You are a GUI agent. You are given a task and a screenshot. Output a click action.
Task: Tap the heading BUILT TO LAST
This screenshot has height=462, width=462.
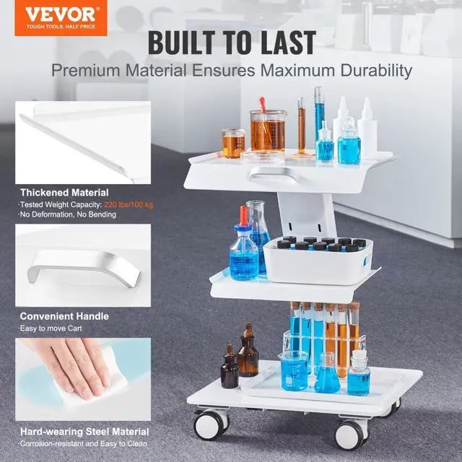(231, 43)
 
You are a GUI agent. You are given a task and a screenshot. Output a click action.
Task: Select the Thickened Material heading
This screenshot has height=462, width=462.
(64, 193)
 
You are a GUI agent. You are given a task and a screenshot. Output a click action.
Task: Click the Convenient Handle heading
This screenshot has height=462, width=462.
(64, 315)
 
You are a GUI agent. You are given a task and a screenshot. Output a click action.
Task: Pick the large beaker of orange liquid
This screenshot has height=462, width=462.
(268, 131)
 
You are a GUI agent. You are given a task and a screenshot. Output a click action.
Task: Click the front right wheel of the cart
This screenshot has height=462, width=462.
(352, 435)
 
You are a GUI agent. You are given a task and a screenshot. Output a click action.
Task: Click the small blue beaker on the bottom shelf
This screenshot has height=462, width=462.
(294, 372)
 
